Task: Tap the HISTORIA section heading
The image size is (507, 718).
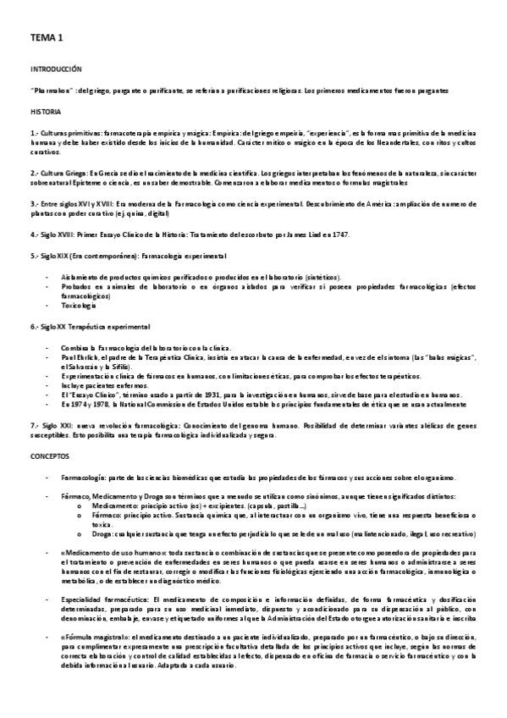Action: click(46, 112)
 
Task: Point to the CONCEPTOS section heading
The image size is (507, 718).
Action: click(50, 456)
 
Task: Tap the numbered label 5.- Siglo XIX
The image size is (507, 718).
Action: click(50, 255)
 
